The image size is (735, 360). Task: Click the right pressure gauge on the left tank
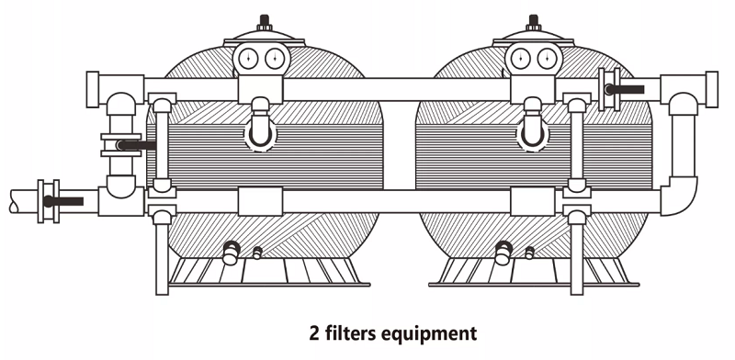(x=271, y=61)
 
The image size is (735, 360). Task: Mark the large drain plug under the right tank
(x=503, y=249)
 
